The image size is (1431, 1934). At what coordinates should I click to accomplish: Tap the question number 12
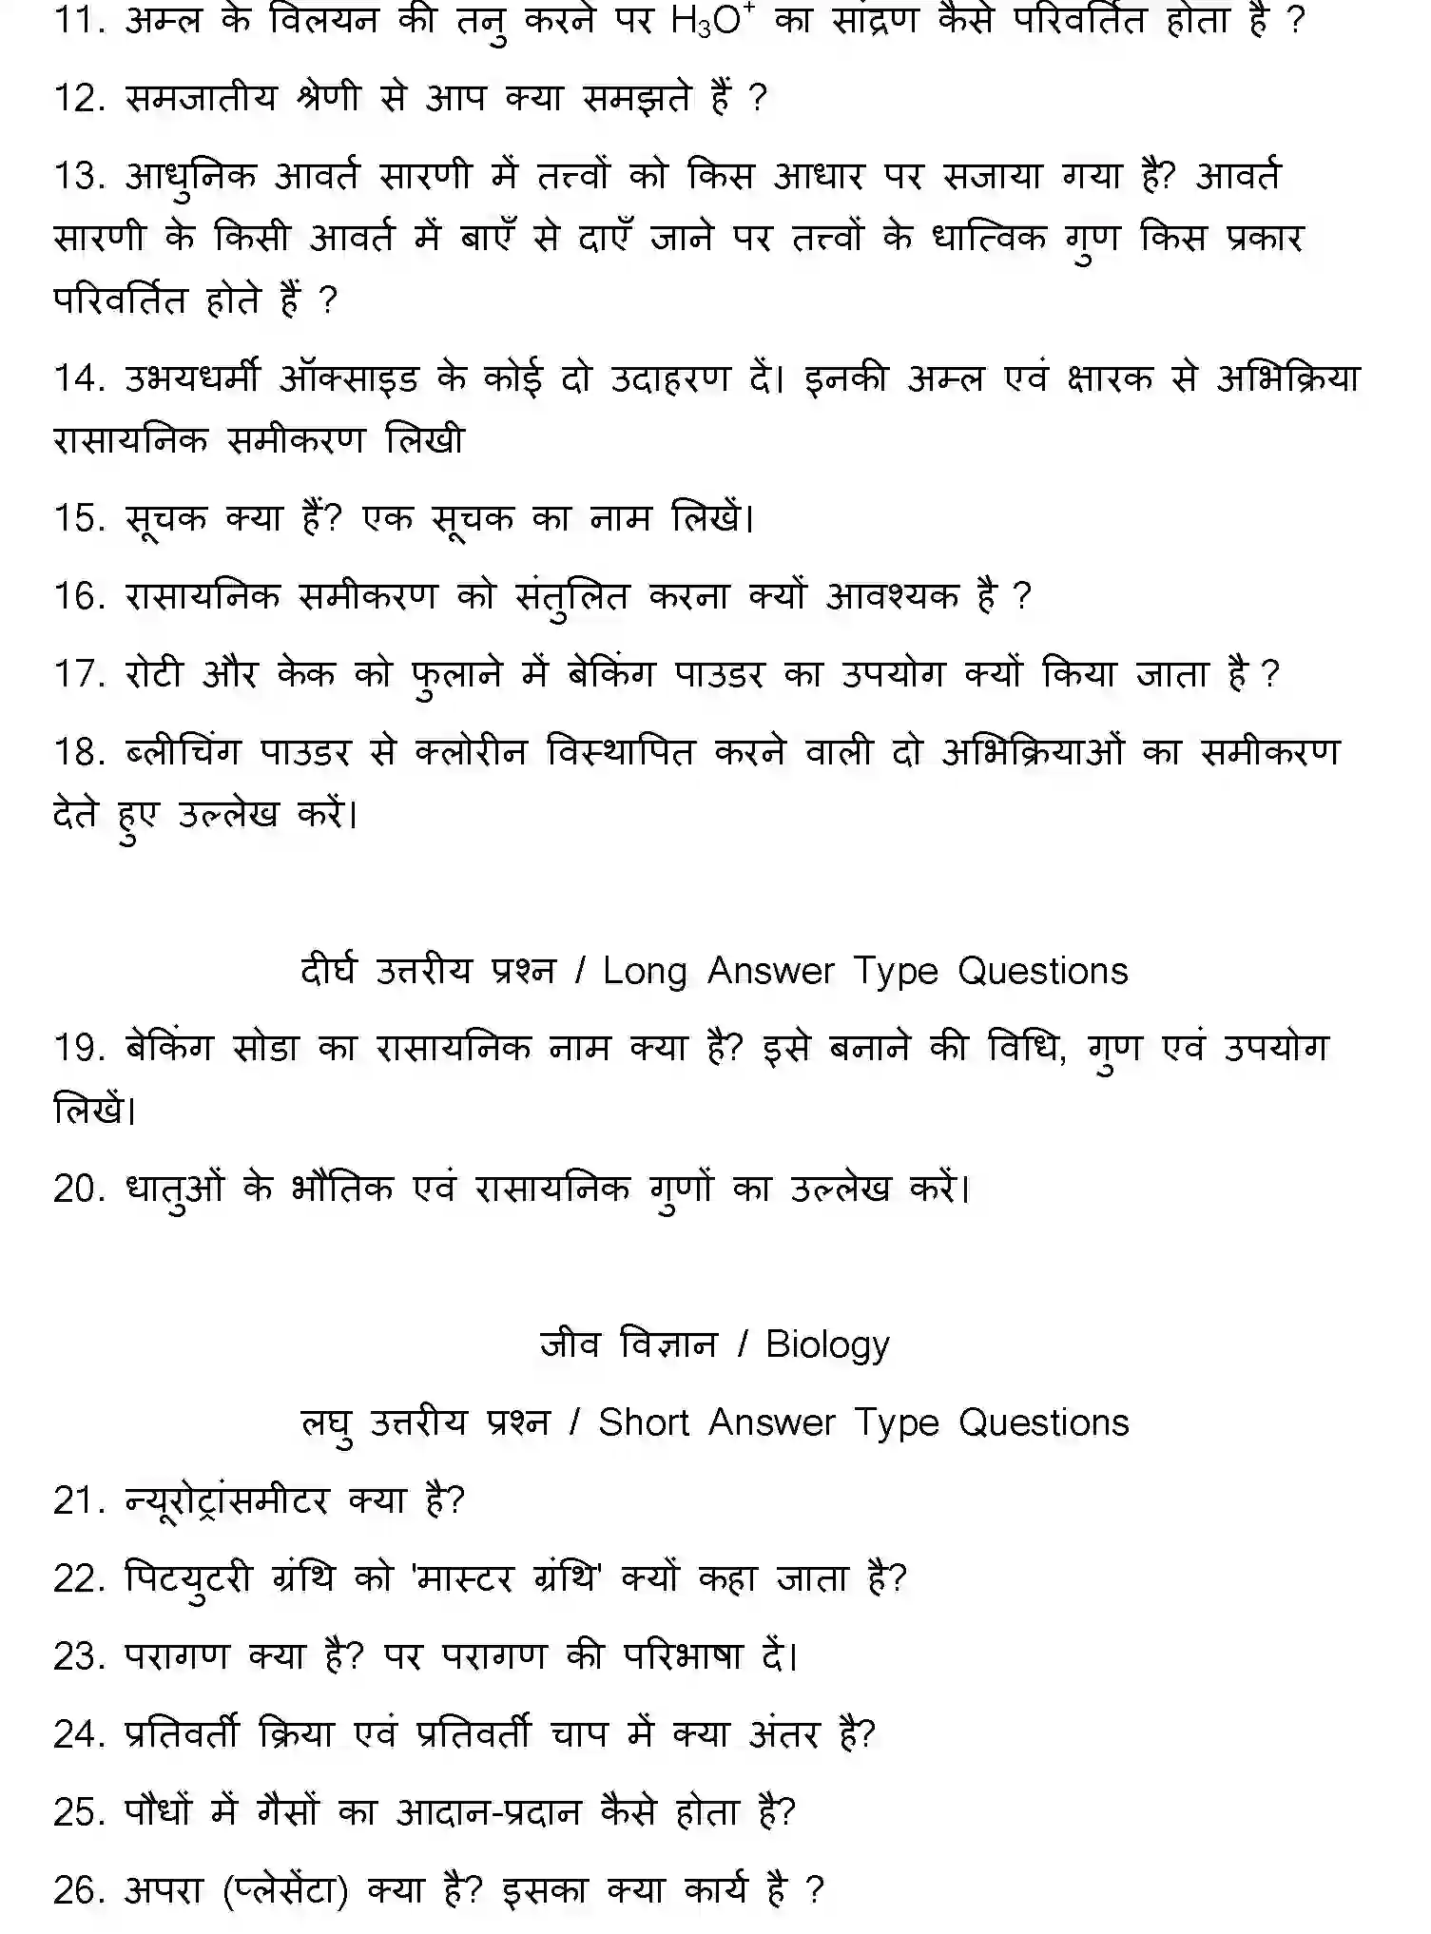(79, 98)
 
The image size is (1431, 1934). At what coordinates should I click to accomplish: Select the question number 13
(79, 176)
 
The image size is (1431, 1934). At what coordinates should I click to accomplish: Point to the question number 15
(79, 518)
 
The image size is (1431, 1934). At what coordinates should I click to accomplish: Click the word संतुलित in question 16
(571, 597)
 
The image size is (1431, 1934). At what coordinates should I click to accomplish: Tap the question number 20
(79, 1189)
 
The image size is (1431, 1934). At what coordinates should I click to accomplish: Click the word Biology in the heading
(827, 1344)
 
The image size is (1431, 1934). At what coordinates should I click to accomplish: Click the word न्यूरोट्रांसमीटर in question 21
(226, 1500)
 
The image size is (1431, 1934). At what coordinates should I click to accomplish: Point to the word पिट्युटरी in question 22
(188, 1578)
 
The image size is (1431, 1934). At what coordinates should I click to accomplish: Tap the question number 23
(79, 1656)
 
